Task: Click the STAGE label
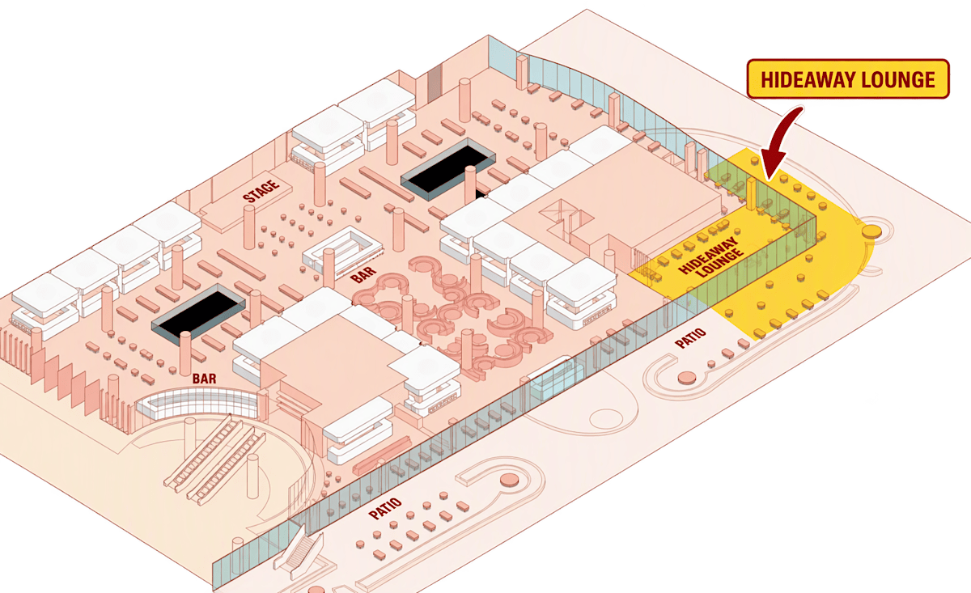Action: point(261,191)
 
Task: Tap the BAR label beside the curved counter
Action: point(204,379)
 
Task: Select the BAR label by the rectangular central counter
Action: point(363,275)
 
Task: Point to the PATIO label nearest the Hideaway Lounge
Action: point(690,337)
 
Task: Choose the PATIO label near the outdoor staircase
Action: point(385,509)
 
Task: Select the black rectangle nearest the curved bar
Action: point(198,313)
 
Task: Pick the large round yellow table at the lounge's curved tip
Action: point(871,231)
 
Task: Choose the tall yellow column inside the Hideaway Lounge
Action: point(751,194)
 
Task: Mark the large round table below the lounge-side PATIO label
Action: point(687,378)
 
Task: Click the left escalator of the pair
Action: point(204,453)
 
